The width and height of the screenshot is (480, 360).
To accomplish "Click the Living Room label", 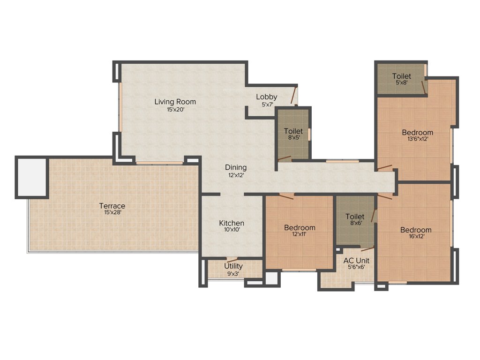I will click(175, 102).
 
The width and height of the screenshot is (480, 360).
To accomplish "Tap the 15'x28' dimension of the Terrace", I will click(112, 212).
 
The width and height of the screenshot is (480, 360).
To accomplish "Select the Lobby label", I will click(266, 97).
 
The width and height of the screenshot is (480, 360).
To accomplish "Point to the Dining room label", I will click(235, 167).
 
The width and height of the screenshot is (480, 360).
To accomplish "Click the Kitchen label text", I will click(232, 223).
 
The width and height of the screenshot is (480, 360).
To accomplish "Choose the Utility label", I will click(233, 266).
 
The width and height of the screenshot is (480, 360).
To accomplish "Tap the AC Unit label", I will click(356, 261).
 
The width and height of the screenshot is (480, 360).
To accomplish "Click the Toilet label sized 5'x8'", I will click(402, 76).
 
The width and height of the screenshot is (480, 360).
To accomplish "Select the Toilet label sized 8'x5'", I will click(293, 131).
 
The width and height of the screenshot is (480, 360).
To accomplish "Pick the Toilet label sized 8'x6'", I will click(355, 217).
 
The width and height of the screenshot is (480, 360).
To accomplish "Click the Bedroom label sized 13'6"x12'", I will click(417, 133).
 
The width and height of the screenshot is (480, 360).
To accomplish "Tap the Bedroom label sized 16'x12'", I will click(416, 230).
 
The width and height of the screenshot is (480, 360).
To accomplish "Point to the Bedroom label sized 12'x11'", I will click(300, 228).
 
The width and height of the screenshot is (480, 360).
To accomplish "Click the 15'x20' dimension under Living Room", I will click(175, 109).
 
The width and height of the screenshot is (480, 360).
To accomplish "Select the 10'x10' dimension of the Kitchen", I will click(232, 230).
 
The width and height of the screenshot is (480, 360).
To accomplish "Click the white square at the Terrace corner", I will click(32, 176).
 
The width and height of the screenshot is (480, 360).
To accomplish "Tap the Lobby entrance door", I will click(293, 95).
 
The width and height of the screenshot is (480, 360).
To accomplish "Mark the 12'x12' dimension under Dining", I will click(235, 175).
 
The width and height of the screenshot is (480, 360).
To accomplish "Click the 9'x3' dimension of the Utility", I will click(233, 273).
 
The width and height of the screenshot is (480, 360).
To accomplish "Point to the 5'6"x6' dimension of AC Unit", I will click(356, 267).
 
